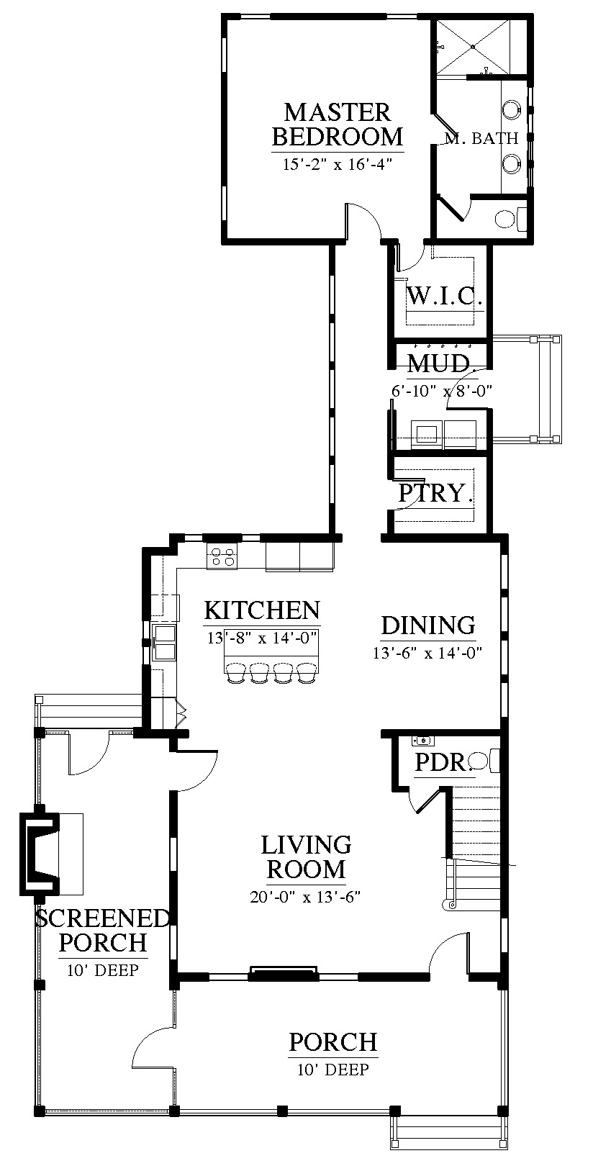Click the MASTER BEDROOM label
[338, 125]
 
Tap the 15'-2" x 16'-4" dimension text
[338, 165]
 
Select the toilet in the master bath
[510, 219]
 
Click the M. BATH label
[481, 138]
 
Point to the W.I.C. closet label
[443, 297]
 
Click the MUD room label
[439, 363]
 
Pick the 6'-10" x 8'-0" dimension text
[442, 390]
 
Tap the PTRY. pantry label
[435, 492]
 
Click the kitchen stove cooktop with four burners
[222, 556]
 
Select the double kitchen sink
[164, 643]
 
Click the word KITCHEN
[261, 610]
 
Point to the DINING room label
[428, 625]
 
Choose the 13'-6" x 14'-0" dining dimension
[427, 653]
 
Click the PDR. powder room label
[443, 763]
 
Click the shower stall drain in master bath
[473, 47]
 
